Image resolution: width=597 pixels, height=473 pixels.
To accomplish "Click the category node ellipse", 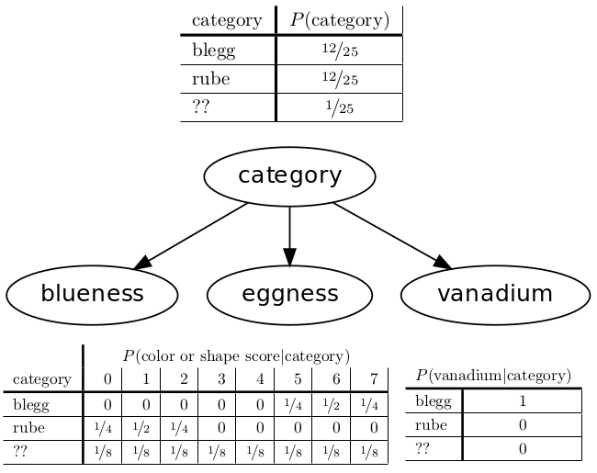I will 289,175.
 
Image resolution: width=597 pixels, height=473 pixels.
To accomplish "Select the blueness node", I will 92,294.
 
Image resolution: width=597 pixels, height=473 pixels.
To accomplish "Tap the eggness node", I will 290,294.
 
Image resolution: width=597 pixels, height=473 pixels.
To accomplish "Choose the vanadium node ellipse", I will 495,294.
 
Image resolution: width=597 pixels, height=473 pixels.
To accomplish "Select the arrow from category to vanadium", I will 391,236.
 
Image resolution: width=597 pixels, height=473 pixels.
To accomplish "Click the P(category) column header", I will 339,20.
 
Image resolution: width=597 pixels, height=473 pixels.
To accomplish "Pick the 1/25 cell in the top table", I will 339,107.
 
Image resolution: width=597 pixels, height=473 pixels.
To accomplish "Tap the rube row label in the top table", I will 210,79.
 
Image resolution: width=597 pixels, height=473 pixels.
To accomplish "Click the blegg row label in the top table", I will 213,51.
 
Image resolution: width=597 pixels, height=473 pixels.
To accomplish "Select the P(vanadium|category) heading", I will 493,376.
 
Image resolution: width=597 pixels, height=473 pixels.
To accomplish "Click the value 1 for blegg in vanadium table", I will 521,401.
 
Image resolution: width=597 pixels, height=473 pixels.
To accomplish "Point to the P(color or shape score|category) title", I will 236,355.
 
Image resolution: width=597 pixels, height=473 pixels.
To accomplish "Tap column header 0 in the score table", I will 107,378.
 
